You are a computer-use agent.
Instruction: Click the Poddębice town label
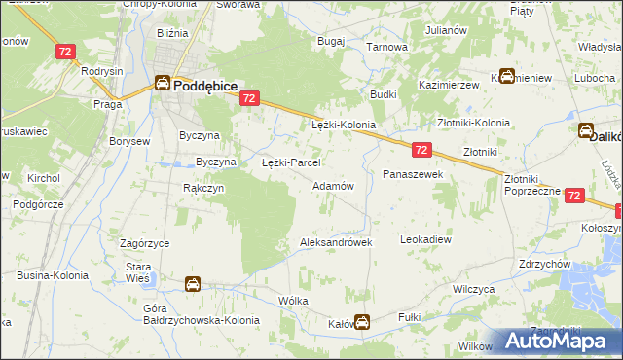tap(207, 85)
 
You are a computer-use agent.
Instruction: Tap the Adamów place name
tap(332, 185)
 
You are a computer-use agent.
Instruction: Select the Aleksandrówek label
tap(336, 242)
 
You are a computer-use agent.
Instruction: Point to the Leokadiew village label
tap(426, 238)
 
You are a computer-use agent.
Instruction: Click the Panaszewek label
tap(413, 173)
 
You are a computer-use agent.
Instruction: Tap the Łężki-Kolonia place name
tap(343, 126)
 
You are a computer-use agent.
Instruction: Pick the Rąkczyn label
tap(203, 188)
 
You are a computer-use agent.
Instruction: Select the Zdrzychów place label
tap(544, 264)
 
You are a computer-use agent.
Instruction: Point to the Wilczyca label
tap(475, 289)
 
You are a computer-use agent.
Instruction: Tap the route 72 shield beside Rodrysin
tap(66, 52)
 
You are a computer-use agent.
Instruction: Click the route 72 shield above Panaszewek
tap(421, 150)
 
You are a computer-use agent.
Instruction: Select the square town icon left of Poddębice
tap(163, 85)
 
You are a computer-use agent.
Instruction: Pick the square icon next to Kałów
tap(362, 322)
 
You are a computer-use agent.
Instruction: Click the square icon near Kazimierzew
tap(506, 77)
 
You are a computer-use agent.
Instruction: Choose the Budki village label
tap(382, 94)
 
